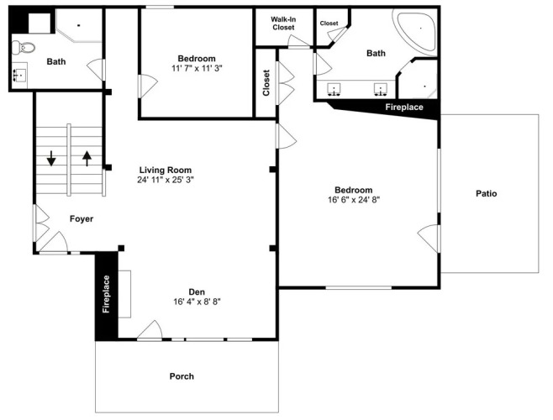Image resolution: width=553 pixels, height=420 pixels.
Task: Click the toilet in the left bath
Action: (x=24, y=47)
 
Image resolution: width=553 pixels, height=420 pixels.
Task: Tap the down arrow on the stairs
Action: (x=51, y=158)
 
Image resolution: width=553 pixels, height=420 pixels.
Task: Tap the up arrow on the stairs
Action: (x=87, y=158)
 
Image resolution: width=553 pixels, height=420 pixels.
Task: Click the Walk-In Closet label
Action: (x=283, y=24)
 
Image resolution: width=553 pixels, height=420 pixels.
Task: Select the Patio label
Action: (x=487, y=193)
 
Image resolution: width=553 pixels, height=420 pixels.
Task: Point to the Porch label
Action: (x=182, y=376)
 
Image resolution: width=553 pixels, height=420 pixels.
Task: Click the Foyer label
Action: (x=82, y=219)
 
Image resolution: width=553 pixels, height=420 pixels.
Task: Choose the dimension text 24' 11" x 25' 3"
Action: (x=166, y=180)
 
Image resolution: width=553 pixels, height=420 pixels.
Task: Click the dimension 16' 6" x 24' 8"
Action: (x=353, y=200)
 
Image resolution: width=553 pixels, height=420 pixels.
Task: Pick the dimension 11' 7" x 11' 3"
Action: (x=197, y=68)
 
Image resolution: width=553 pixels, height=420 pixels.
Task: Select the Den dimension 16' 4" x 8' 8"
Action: (x=197, y=302)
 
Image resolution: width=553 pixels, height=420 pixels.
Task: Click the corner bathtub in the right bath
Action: (x=417, y=31)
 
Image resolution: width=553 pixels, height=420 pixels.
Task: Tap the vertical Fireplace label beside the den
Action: (x=106, y=294)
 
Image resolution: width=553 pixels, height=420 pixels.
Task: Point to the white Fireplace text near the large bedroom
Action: (x=403, y=107)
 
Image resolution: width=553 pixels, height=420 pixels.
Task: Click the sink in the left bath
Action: (x=19, y=75)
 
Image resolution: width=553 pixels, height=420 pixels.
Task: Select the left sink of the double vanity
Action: (x=334, y=90)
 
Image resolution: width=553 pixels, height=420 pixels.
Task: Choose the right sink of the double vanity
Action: (x=381, y=90)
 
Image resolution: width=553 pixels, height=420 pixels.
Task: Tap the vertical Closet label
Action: (x=266, y=83)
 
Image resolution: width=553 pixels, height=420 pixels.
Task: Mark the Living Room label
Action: (x=166, y=170)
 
